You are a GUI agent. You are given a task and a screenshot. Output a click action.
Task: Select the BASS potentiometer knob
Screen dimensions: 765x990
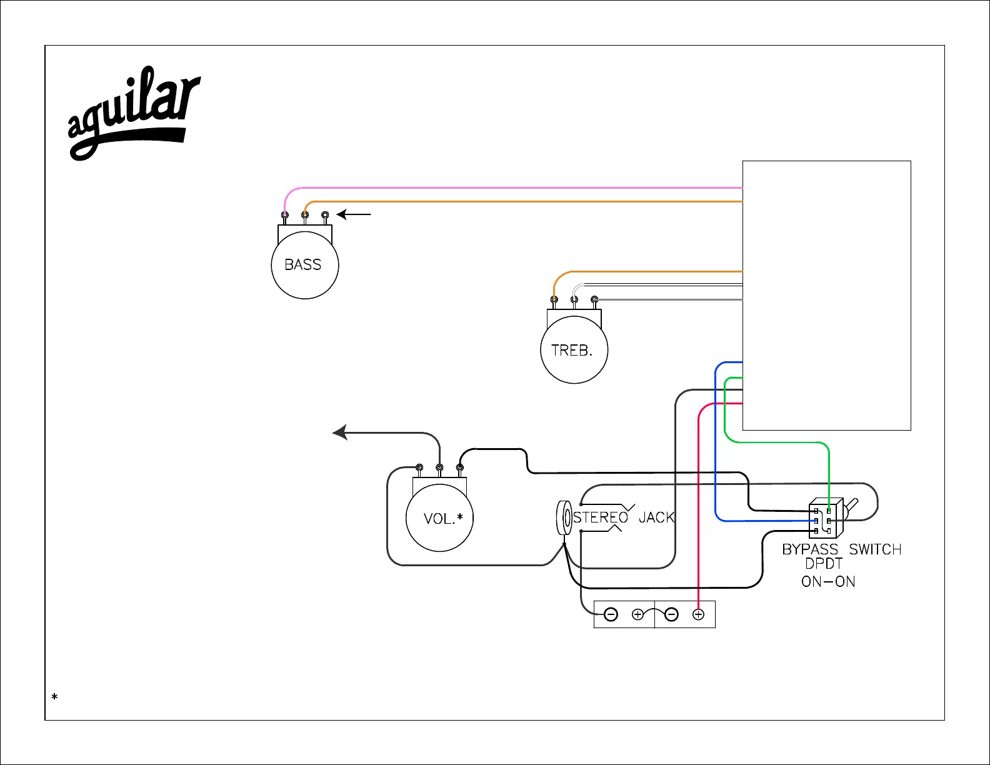click(x=305, y=265)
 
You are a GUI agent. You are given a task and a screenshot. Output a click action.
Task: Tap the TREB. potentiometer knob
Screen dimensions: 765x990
click(x=574, y=350)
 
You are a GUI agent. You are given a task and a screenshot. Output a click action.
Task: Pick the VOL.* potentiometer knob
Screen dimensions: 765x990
click(x=439, y=518)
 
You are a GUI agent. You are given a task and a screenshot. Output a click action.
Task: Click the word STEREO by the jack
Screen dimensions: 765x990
click(x=601, y=517)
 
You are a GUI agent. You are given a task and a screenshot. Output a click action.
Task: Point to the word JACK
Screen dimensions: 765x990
click(x=656, y=517)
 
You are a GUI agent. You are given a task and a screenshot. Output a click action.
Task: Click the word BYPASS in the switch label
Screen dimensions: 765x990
click(x=810, y=549)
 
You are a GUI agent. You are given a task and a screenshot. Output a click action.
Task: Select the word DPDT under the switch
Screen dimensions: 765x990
click(x=824, y=564)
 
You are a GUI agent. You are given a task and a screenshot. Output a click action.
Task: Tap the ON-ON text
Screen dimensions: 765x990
click(x=828, y=582)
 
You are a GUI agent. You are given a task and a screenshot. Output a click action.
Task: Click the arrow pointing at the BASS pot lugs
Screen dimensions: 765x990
click(x=354, y=214)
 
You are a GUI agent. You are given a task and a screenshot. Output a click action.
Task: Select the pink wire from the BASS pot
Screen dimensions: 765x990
click(x=500, y=187)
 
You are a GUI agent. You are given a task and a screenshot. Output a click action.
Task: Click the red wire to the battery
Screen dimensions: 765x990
click(x=698, y=500)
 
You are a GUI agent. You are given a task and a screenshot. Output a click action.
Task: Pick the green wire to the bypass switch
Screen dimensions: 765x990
click(x=775, y=442)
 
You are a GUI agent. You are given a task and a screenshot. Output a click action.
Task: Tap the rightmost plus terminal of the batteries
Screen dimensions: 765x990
click(x=699, y=614)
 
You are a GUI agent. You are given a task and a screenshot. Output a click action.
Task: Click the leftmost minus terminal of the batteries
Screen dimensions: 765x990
click(x=611, y=614)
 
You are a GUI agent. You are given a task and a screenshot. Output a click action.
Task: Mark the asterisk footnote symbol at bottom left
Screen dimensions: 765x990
click(x=55, y=696)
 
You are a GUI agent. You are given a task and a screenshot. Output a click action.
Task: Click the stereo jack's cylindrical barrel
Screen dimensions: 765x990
click(x=564, y=517)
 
